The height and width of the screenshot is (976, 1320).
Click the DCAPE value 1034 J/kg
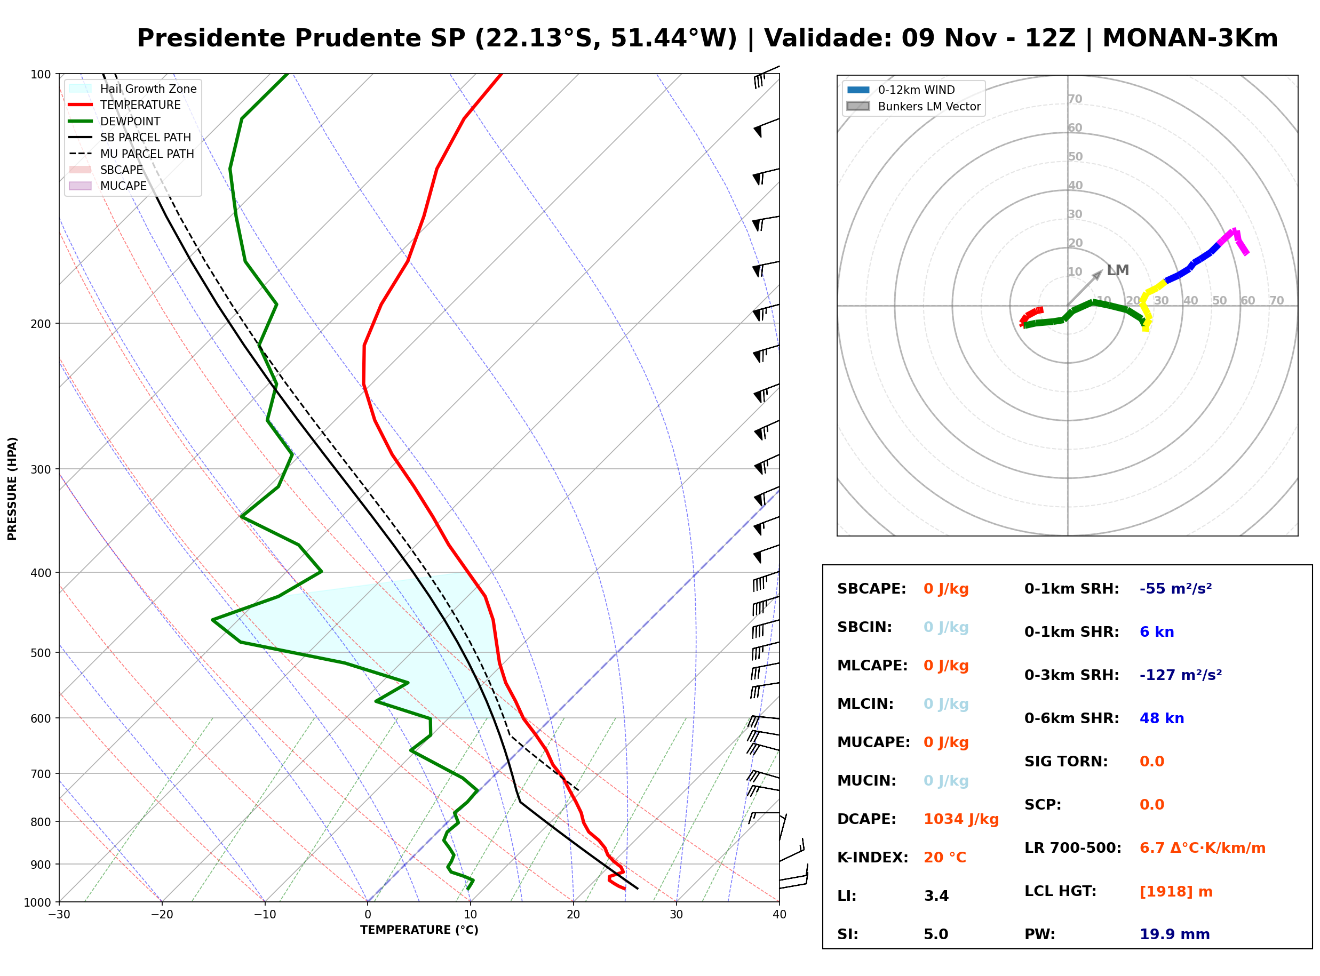(x=961, y=819)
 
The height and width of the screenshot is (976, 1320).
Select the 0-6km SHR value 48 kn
(x=1162, y=718)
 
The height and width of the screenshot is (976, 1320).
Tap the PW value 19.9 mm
(x=1175, y=934)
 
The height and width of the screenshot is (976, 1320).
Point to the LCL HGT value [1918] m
(x=1176, y=892)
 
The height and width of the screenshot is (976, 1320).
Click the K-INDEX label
(x=873, y=858)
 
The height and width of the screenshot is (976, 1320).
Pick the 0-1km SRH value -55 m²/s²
(x=1176, y=589)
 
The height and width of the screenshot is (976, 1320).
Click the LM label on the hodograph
(x=1118, y=270)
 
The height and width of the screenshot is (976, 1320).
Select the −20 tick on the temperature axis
(x=162, y=915)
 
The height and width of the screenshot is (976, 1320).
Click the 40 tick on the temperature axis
(x=780, y=915)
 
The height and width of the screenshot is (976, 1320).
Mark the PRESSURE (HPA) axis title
(x=12, y=489)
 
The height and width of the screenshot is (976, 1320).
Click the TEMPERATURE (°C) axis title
(x=419, y=931)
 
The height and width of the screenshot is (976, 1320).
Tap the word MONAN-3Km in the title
(x=1190, y=38)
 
